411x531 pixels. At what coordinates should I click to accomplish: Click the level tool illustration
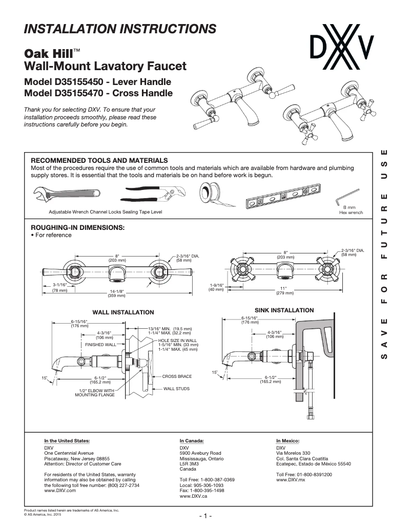pos(282,199)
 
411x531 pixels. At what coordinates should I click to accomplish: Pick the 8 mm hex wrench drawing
pos(347,197)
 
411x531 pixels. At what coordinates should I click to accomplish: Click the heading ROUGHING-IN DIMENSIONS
pos(78,227)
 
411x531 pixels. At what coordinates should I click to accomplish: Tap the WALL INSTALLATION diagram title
pos(123,312)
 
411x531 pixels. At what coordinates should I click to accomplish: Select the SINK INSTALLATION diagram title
pos(284,310)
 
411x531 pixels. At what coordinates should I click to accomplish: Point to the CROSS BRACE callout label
pos(177,376)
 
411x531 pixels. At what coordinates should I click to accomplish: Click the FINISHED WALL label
pos(101,345)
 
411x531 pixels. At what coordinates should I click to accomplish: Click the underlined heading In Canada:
pos(192,440)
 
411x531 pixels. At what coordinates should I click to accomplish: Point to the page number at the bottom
pos(205,516)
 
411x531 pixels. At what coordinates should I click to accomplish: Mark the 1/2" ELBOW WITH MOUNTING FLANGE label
pos(95,393)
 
